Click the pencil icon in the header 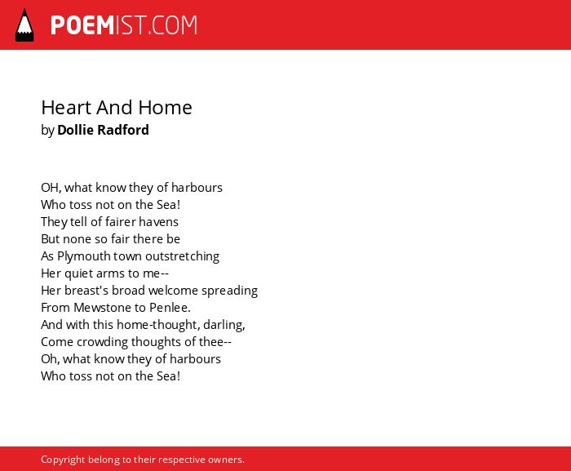click(x=24, y=25)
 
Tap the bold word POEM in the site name click(x=82, y=25)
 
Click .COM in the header click(x=172, y=25)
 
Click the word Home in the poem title click(x=165, y=108)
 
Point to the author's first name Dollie click(x=74, y=130)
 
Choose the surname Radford click(x=123, y=130)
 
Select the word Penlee click(x=170, y=308)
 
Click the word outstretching click(x=183, y=256)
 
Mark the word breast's click(x=86, y=291)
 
